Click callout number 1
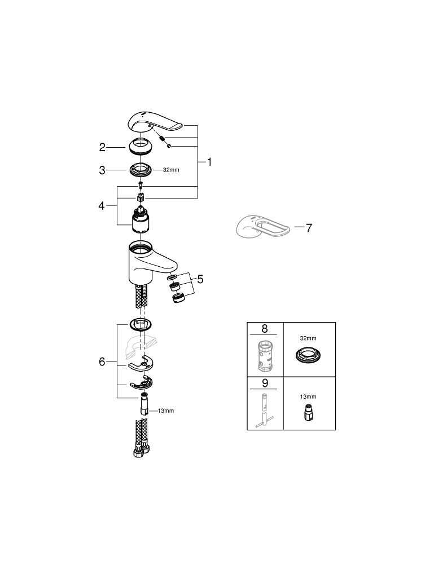point(209,162)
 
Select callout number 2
point(102,147)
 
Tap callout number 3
point(102,170)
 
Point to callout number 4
point(102,206)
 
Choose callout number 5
point(200,279)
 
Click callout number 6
point(102,362)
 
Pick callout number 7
point(309,228)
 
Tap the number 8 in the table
point(265,328)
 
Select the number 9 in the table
point(265,383)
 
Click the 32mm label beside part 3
point(171,170)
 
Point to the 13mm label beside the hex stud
point(166,411)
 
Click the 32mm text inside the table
point(308,338)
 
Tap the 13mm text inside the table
point(308,396)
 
